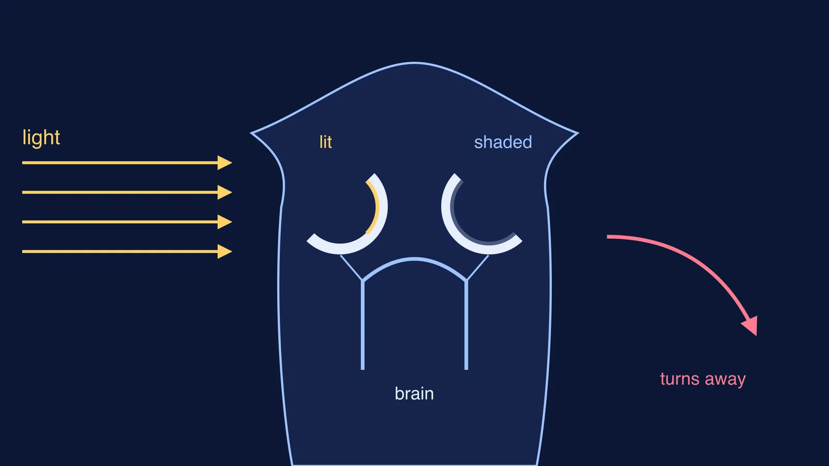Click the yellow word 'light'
click(41, 138)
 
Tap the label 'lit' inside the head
click(326, 142)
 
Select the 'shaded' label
click(503, 142)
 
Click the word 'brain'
click(414, 394)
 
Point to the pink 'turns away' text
click(703, 379)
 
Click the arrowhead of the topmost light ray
click(225, 163)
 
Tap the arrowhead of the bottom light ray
click(225, 252)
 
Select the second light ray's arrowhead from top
click(225, 192)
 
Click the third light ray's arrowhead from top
click(225, 222)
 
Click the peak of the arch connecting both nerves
click(414, 259)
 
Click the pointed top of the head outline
click(414, 63)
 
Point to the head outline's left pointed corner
click(251, 133)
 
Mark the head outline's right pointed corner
click(578, 133)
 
